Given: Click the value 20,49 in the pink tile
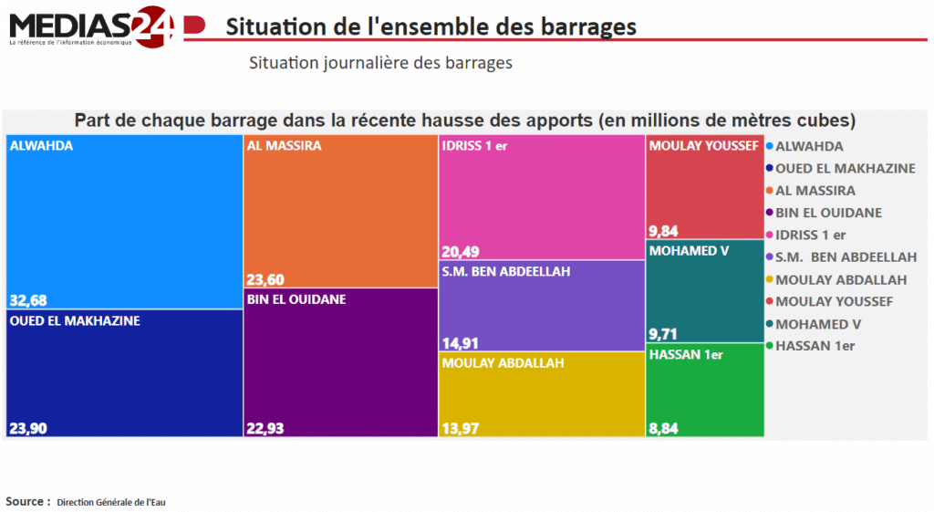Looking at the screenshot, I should (x=460, y=252).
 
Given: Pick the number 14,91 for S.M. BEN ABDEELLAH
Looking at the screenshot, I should (x=459, y=343).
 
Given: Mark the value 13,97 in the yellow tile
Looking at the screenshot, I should (x=459, y=428).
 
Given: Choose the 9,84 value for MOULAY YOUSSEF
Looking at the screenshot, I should (x=663, y=231).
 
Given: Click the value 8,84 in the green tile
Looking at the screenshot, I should (x=663, y=428).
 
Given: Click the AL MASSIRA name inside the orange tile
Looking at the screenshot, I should (x=284, y=145).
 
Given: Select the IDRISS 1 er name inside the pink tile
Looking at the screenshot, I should (x=474, y=145).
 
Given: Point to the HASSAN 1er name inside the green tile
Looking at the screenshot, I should (x=685, y=354).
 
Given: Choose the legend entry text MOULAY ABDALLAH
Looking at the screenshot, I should (x=840, y=279).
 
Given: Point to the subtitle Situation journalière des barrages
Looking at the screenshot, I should (x=379, y=63).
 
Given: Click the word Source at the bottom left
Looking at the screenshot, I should (x=27, y=501).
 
